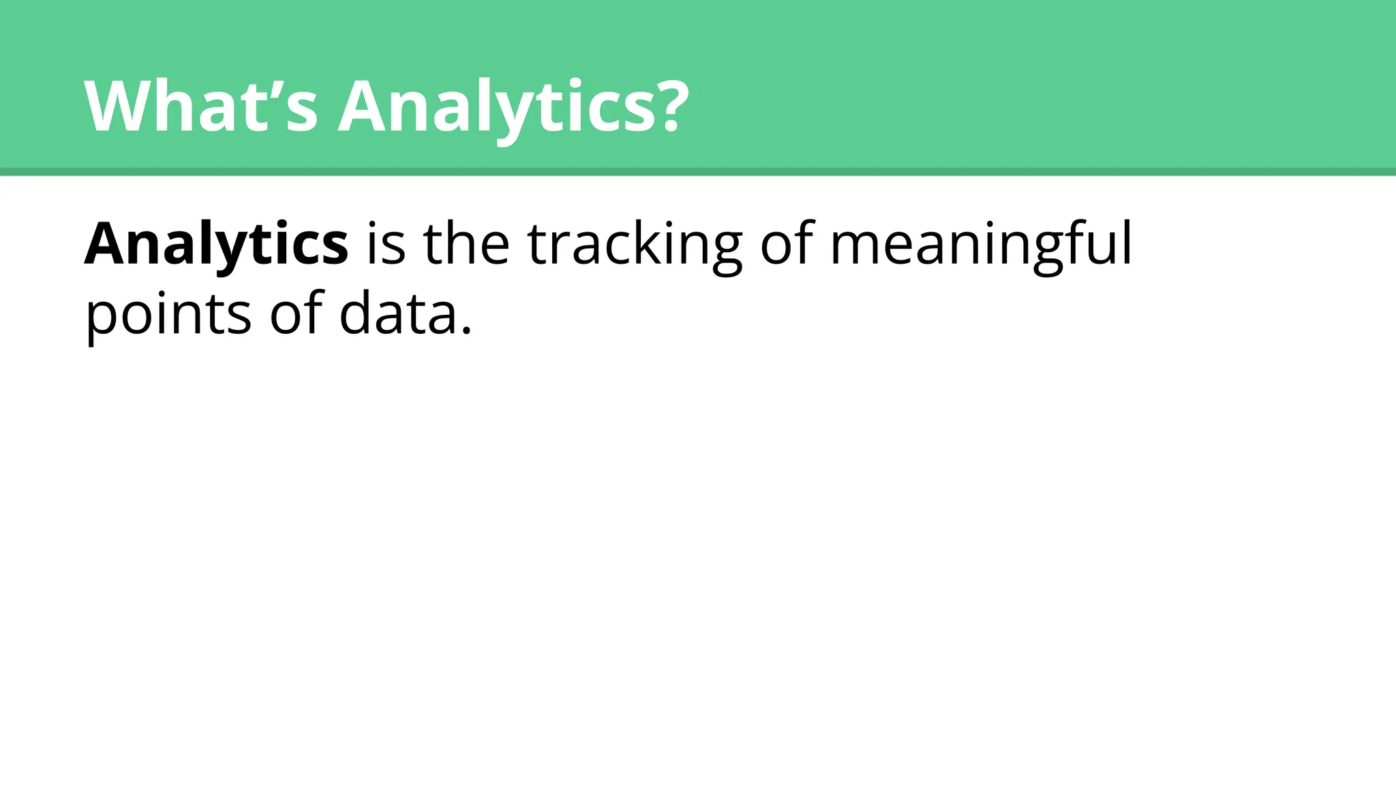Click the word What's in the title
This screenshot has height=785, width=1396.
pos(201,107)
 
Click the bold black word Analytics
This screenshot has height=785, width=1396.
pos(216,244)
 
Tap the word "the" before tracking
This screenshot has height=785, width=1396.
pos(466,244)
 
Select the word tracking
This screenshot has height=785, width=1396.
pos(635,245)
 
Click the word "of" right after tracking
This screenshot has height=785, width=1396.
pos(787,244)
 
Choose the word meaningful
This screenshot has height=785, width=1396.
pos(981,245)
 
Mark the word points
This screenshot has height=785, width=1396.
pos(168,315)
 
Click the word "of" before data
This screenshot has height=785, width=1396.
pos(296,313)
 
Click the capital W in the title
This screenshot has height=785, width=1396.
pos(120,107)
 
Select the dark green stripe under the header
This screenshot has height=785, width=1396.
pos(698,172)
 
